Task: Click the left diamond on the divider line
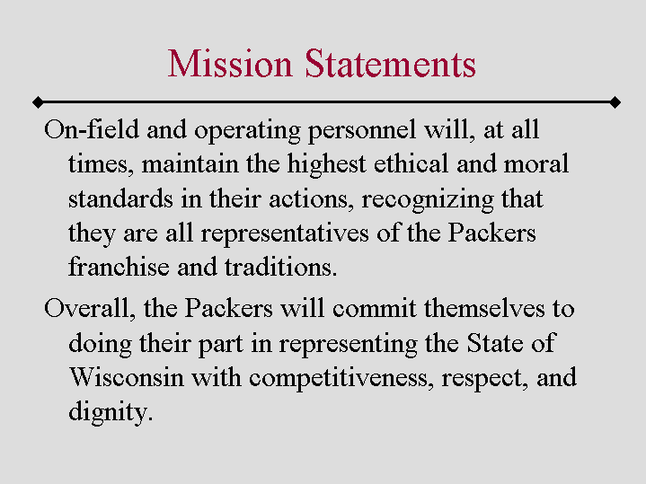[x=37, y=101]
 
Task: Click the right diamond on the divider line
[x=615, y=101]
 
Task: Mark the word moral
[x=537, y=164]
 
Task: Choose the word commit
[x=376, y=309]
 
